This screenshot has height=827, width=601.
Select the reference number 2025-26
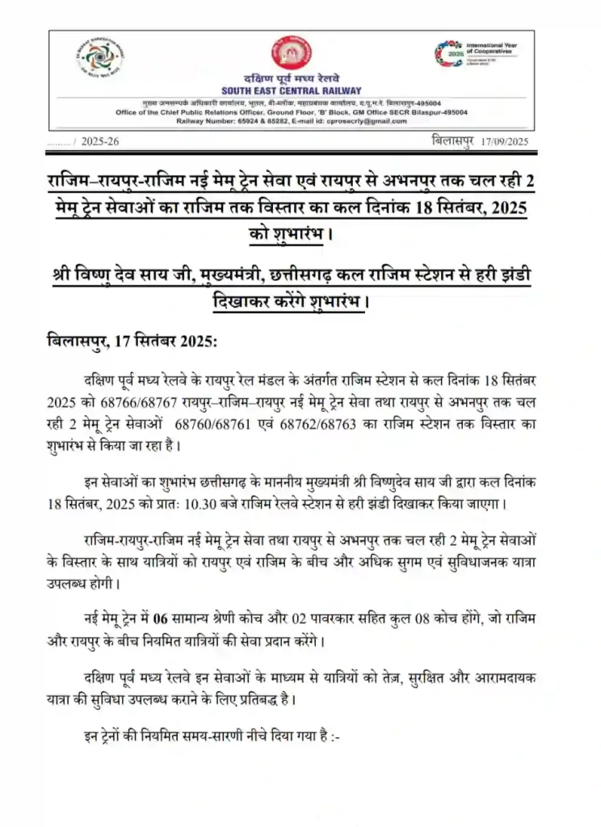point(101,142)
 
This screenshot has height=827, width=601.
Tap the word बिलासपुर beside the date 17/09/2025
point(452,141)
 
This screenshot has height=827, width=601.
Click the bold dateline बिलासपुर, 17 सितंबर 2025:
point(132,341)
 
